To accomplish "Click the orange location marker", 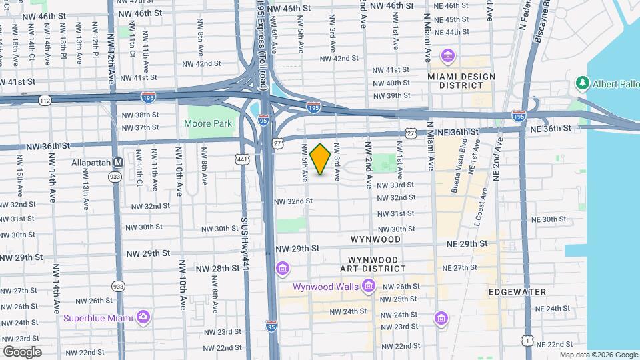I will point(321,159).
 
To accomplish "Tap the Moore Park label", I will point(208,123).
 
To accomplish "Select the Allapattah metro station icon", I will point(118,162).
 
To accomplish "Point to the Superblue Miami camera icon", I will point(142,317).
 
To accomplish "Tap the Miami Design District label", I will point(462,81).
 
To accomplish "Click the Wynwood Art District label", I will point(373,264).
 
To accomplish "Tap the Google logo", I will point(22,352).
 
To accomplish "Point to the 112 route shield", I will point(45,100).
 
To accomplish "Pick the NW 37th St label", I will point(141,127).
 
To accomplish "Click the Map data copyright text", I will point(597,355).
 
